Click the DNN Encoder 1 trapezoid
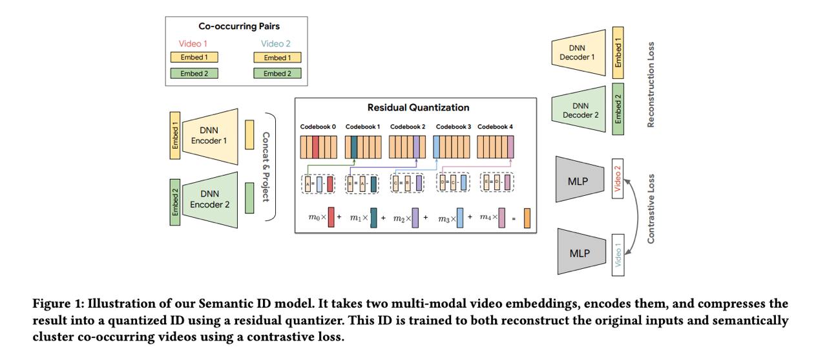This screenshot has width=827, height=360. click(210, 136)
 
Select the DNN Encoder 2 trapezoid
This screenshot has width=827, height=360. click(210, 200)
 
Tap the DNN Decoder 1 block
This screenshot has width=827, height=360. click(578, 52)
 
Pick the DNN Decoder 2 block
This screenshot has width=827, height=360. click(578, 110)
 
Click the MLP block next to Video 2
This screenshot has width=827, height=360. click(580, 180)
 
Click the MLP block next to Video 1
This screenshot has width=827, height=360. click(581, 252)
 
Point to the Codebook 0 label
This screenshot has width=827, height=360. click(318, 127)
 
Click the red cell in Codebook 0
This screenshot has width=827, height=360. click(315, 147)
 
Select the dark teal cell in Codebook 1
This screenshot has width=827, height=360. click(354, 147)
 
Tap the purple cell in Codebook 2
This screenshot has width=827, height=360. click(416, 147)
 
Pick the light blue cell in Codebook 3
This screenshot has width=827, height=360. click(436, 147)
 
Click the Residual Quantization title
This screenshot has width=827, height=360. click(418, 107)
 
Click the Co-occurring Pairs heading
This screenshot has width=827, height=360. click(239, 26)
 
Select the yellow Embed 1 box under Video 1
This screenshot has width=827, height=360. click(194, 58)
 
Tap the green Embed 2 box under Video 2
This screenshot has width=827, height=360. click(277, 74)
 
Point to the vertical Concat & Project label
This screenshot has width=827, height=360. click(266, 167)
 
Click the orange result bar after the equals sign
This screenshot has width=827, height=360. click(527, 218)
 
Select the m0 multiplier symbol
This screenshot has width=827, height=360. click(314, 217)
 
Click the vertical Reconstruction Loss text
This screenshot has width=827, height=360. click(651, 85)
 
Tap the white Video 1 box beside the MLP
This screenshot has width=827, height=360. click(618, 255)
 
